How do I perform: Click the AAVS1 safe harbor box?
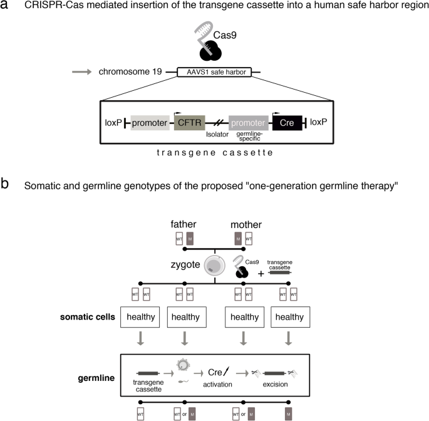click(214, 72)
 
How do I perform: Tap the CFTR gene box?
click(192, 123)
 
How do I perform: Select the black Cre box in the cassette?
click(287, 123)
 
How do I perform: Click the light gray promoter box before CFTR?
click(150, 123)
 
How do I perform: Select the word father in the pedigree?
click(185, 223)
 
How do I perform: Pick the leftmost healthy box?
click(140, 317)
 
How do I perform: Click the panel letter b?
click(6, 185)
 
